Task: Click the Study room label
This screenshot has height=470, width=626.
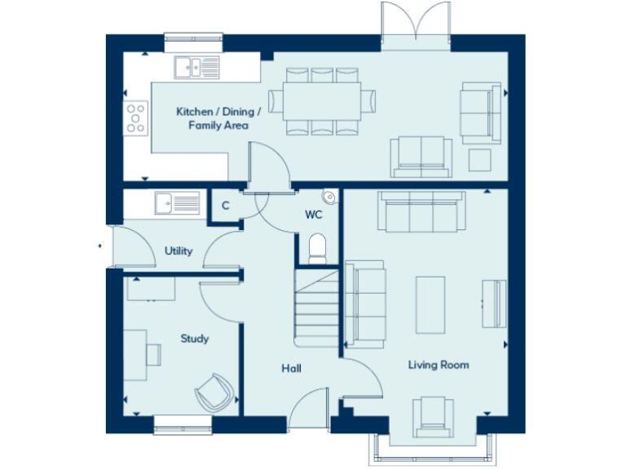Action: pyautogui.click(x=195, y=339)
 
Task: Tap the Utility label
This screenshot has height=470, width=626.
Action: pyautogui.click(x=179, y=251)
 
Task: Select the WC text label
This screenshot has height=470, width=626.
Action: pyautogui.click(x=315, y=215)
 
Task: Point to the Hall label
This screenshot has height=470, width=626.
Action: pyautogui.click(x=291, y=369)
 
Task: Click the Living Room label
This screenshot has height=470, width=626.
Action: pyautogui.click(x=439, y=365)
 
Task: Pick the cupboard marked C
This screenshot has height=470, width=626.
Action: pyautogui.click(x=225, y=206)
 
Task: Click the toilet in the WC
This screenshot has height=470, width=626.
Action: pyautogui.click(x=316, y=247)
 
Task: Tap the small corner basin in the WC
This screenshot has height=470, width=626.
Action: pyautogui.click(x=329, y=197)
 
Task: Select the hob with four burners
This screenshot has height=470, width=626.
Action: pyautogui.click(x=136, y=118)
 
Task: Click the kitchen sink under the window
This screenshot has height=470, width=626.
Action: pyautogui.click(x=195, y=66)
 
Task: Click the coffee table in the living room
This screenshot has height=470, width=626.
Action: pyautogui.click(x=430, y=304)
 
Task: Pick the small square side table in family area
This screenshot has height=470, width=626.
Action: pyautogui.click(x=480, y=158)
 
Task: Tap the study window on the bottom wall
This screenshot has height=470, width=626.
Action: pyautogui.click(x=183, y=422)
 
